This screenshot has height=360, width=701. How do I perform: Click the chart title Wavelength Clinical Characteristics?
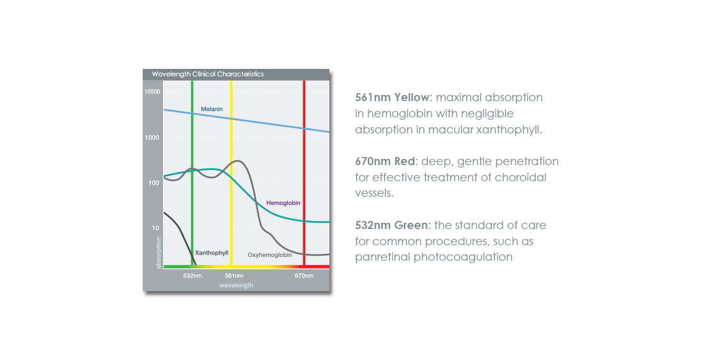(208, 74)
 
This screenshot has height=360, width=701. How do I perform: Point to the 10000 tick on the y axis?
(152, 92)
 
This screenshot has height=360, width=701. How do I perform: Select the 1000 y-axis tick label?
(152, 137)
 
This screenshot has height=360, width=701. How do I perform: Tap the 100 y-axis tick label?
(154, 182)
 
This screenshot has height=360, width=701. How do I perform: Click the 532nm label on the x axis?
(192, 276)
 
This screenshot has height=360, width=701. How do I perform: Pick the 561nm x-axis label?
(234, 276)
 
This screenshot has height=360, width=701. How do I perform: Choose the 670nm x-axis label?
(304, 276)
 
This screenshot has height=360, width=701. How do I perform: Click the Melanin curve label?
(212, 109)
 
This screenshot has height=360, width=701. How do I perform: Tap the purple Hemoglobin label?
(284, 203)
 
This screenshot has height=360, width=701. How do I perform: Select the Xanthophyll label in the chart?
(212, 253)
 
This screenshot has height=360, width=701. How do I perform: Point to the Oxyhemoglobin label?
(270, 255)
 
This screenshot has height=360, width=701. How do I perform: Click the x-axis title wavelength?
(236, 286)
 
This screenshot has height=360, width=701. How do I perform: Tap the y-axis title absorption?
(158, 253)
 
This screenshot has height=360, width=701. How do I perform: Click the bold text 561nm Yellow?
(392, 97)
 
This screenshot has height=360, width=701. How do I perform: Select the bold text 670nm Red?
(385, 161)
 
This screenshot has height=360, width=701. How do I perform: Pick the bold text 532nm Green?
(391, 225)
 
